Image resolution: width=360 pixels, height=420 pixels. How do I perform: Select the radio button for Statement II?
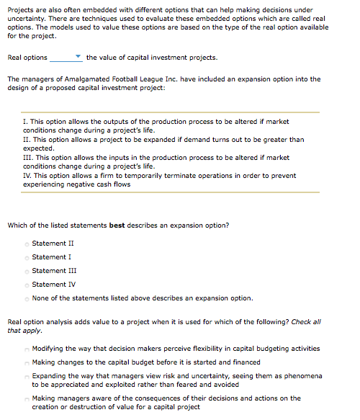click(27, 243)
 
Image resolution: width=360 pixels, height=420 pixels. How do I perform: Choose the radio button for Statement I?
click(27, 257)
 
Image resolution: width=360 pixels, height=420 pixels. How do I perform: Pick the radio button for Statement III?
click(27, 271)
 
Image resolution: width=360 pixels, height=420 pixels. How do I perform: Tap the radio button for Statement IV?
click(27, 285)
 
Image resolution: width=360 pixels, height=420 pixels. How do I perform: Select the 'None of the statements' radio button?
click(27, 298)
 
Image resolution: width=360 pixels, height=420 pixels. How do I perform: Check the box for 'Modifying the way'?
click(27, 349)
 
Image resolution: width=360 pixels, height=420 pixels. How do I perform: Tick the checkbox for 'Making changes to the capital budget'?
click(27, 362)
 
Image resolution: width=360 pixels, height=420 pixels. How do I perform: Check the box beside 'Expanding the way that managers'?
click(27, 376)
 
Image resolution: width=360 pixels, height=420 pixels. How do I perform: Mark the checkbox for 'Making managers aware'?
click(27, 398)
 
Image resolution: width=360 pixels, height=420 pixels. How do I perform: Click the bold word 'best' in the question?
click(117, 225)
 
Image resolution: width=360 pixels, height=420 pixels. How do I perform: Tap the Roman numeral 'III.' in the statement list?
click(29, 156)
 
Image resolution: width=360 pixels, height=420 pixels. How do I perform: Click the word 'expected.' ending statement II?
click(39, 147)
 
